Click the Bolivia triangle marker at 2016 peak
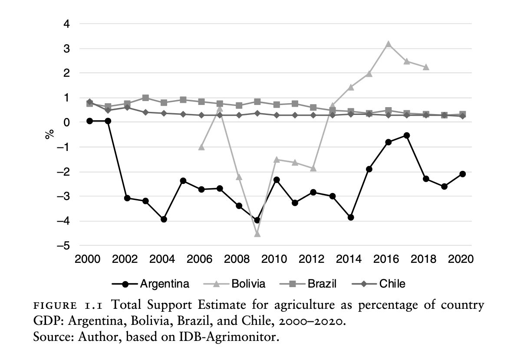[388, 44]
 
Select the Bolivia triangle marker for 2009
[257, 234]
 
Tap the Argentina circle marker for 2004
[164, 219]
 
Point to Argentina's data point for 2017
[407, 135]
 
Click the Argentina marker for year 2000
[89, 121]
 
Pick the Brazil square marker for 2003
[145, 98]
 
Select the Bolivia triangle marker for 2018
[426, 67]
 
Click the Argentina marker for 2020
[463, 174]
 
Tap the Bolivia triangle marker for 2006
[201, 147]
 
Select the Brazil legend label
[322, 284]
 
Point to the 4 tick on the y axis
[67, 24]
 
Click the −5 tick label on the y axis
[64, 245]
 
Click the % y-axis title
[49, 134]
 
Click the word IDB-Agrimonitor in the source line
[237, 336]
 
